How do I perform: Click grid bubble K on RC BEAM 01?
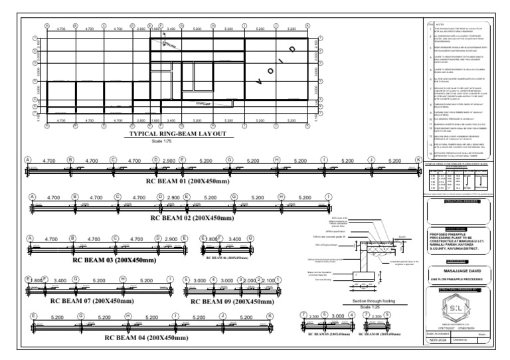point(418,160)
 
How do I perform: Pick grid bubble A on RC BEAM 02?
point(32,197)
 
